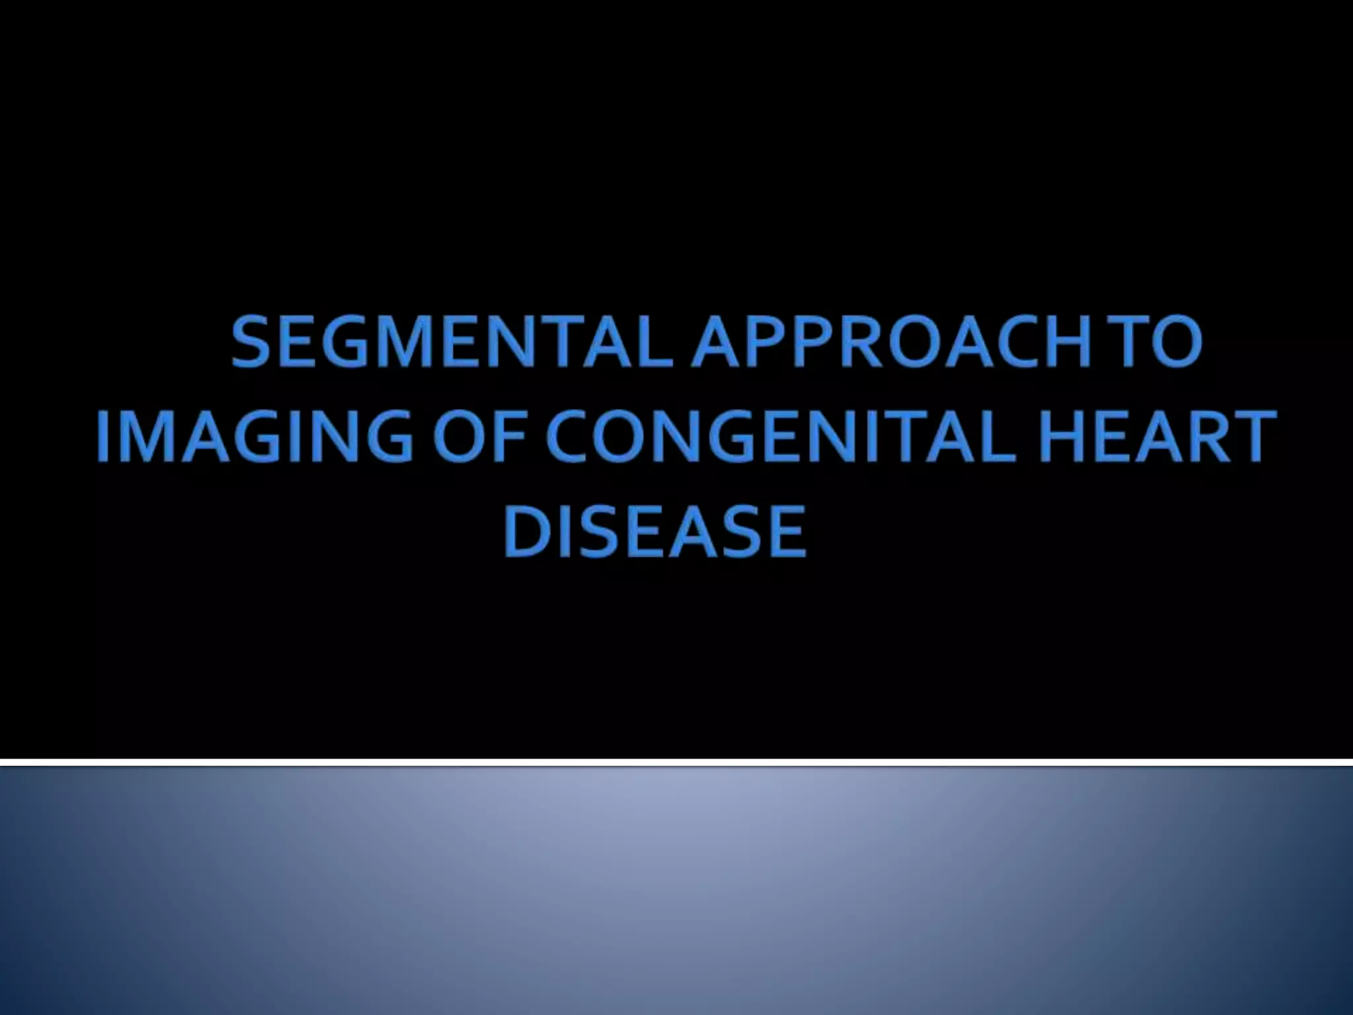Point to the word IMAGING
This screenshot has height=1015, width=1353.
coord(255,437)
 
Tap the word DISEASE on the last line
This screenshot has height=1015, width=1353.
coord(654,532)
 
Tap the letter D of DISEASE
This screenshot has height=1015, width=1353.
coord(526,532)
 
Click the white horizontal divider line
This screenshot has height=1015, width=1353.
coord(676,763)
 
